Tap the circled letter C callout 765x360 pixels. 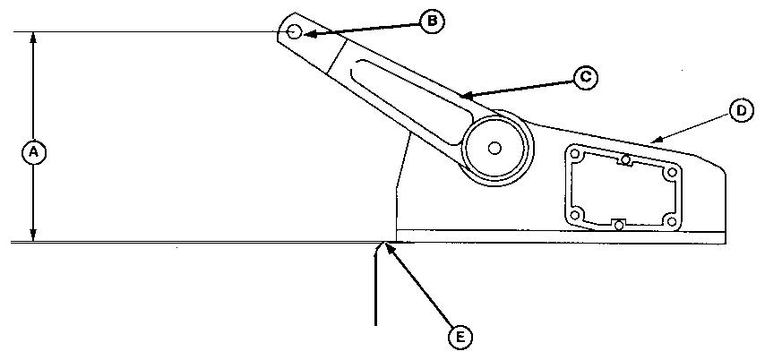tap(584, 77)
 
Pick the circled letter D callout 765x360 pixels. tap(740, 110)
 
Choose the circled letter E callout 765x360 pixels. tap(459, 336)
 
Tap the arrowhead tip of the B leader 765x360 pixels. tap(303, 34)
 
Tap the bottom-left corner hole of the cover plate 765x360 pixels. tap(578, 214)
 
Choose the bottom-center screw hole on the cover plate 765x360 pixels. tap(619, 224)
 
